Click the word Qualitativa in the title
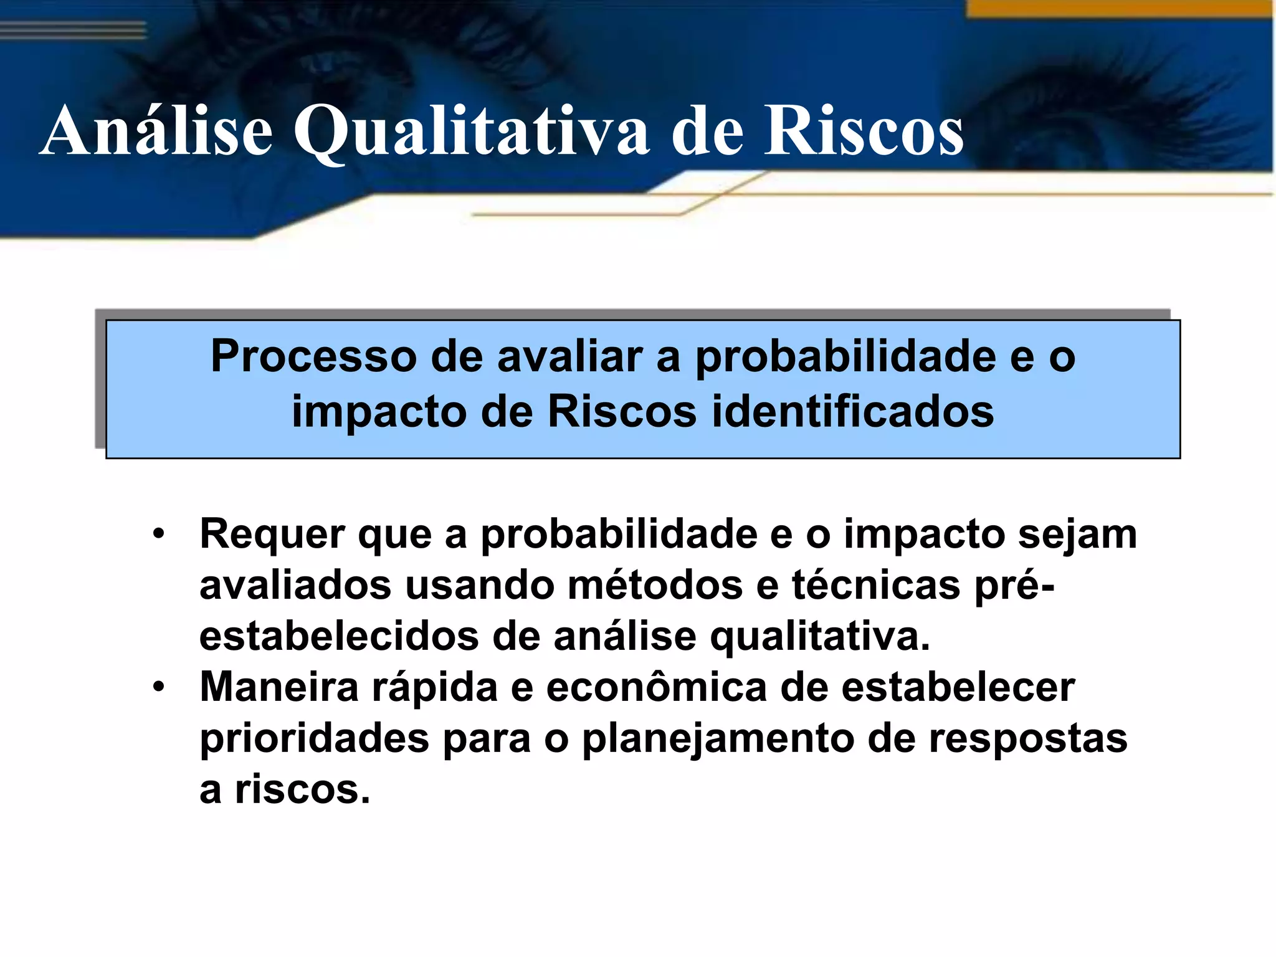click(x=471, y=132)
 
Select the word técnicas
click(x=876, y=586)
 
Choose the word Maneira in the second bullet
click(x=279, y=688)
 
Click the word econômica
click(x=656, y=688)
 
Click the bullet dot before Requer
click(x=159, y=535)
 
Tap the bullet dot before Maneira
click(x=159, y=688)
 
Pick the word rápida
click(x=435, y=688)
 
